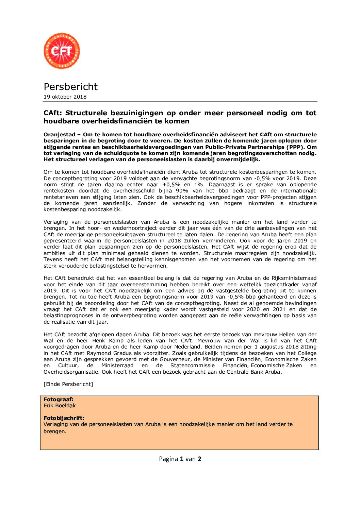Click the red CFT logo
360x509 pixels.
[62, 51]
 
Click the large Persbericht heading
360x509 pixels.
[70, 87]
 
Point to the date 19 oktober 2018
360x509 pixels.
[65, 97]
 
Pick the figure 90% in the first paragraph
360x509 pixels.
[182, 191]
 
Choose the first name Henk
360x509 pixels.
[99, 341]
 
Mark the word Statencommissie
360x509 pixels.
[193, 366]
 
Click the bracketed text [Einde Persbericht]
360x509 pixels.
[68, 384]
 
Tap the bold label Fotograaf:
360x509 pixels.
[59, 400]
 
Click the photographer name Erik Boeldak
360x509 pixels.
[60, 406]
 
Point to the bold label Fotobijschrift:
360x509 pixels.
[64, 418]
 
